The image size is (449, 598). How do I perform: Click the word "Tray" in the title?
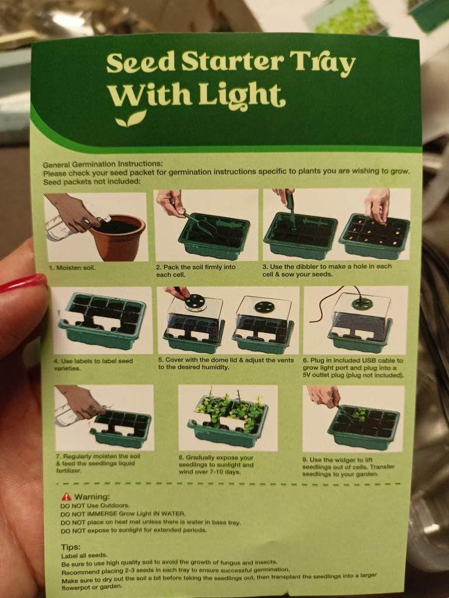[322, 62]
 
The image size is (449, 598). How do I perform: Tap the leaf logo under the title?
[131, 119]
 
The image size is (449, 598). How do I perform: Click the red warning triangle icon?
[67, 496]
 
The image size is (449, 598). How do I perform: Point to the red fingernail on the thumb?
[23, 283]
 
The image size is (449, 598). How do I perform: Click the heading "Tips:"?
[71, 547]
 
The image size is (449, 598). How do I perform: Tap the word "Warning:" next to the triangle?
[92, 496]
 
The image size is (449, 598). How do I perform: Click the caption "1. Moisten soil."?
[72, 267]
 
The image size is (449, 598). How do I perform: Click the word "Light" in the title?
[241, 94]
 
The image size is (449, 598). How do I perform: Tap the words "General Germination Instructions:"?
[103, 164]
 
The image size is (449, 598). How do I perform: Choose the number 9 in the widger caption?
[304, 460]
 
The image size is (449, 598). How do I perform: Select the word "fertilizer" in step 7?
[68, 470]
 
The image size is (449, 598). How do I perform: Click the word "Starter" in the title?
[232, 61]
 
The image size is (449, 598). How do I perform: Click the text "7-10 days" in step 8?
[227, 472]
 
